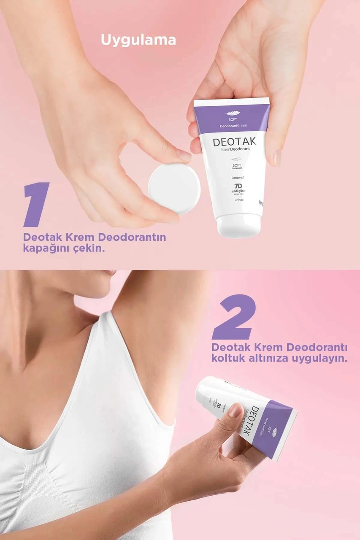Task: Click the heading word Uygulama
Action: (138, 40)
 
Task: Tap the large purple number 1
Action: (37, 205)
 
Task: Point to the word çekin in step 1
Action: (89, 248)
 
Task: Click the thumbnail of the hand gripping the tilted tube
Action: (235, 410)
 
